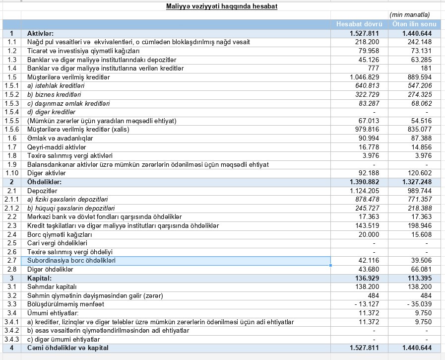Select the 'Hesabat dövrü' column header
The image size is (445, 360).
359,24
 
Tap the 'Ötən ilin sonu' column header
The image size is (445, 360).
414,24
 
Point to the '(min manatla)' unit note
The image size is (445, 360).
410,15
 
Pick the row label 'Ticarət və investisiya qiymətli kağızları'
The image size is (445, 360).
83,51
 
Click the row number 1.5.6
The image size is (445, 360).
11,130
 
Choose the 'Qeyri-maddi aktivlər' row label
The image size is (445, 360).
57,147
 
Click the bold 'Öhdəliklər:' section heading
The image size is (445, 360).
44,182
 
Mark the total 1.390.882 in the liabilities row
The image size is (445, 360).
364,182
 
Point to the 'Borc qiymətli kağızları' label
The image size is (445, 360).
60,234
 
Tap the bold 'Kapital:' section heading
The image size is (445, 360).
39,278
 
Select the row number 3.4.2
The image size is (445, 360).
11,331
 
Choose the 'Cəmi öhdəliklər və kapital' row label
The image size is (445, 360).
68,348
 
